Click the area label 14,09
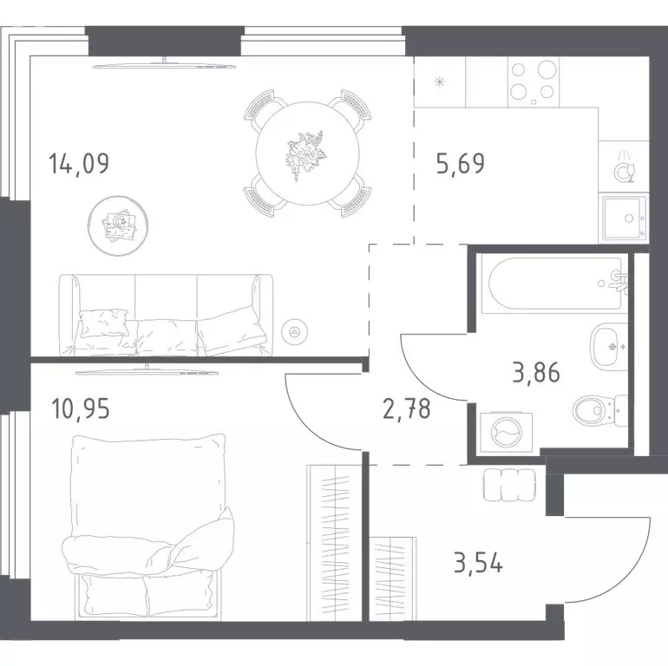79,164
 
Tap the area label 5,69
461,164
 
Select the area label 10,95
80,408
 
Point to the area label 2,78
407,408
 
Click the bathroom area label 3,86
536,373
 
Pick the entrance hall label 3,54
478,563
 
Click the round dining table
308,153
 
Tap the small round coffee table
119,225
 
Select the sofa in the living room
167,315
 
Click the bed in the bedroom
148,527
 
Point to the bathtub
555,284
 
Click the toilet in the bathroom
599,411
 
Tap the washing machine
506,433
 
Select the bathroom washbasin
609,346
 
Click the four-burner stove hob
533,82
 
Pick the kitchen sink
624,218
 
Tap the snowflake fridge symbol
440,82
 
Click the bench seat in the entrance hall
509,485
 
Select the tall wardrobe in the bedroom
334,543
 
